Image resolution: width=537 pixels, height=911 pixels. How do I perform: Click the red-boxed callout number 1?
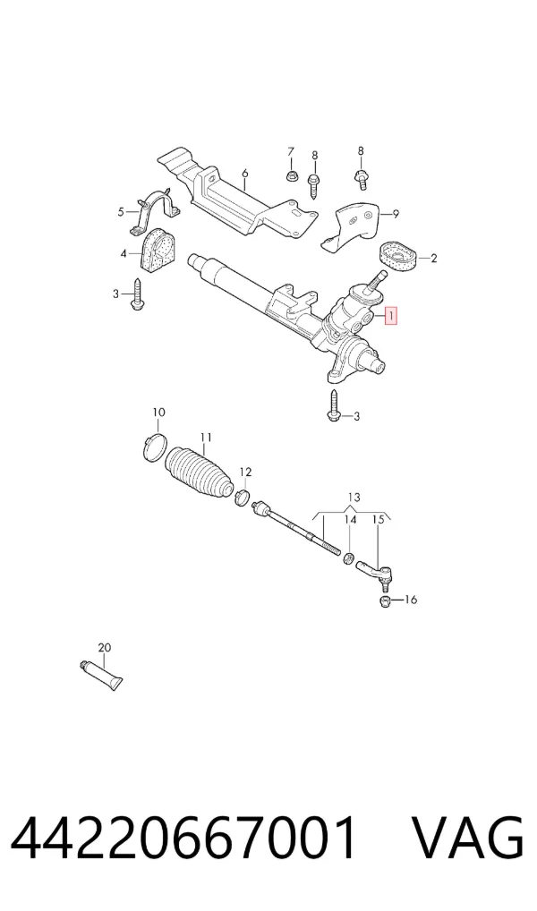(x=392, y=316)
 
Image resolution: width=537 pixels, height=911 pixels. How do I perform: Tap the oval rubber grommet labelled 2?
(x=398, y=258)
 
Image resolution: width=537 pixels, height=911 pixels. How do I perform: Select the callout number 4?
(x=124, y=254)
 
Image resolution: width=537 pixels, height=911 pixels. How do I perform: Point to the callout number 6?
(x=244, y=173)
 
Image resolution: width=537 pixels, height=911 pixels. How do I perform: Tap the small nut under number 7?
(x=291, y=175)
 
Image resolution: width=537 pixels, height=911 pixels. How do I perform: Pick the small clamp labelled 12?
(x=243, y=498)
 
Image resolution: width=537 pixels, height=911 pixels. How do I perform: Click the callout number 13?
(x=354, y=498)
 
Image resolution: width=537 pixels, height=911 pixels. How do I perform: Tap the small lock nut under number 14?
(x=348, y=558)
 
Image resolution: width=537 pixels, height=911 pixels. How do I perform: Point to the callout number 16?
(x=410, y=599)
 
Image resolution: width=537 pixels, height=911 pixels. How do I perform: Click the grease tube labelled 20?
(x=101, y=674)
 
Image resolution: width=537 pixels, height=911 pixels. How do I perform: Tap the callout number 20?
(x=105, y=647)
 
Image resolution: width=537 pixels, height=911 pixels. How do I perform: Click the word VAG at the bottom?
(x=467, y=838)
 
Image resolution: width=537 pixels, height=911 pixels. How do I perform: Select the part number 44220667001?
(x=184, y=838)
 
